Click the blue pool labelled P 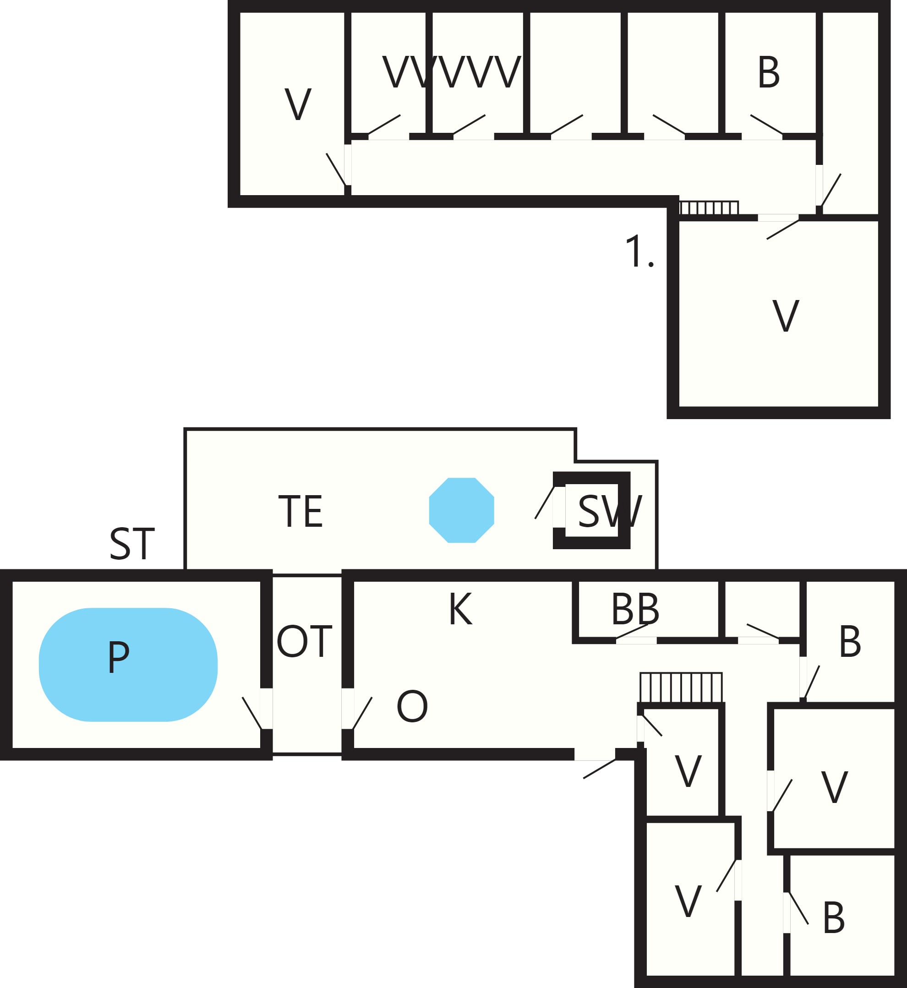pos(128,665)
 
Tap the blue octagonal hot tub pos(461,510)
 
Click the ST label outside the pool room pos(132,544)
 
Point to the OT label pos(304,641)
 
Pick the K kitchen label pos(460,609)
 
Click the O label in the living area pos(412,706)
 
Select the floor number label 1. pos(639,251)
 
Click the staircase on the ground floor pos(681,687)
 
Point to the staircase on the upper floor pos(709,207)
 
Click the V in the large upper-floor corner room pos(786,316)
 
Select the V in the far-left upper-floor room pos(298,104)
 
